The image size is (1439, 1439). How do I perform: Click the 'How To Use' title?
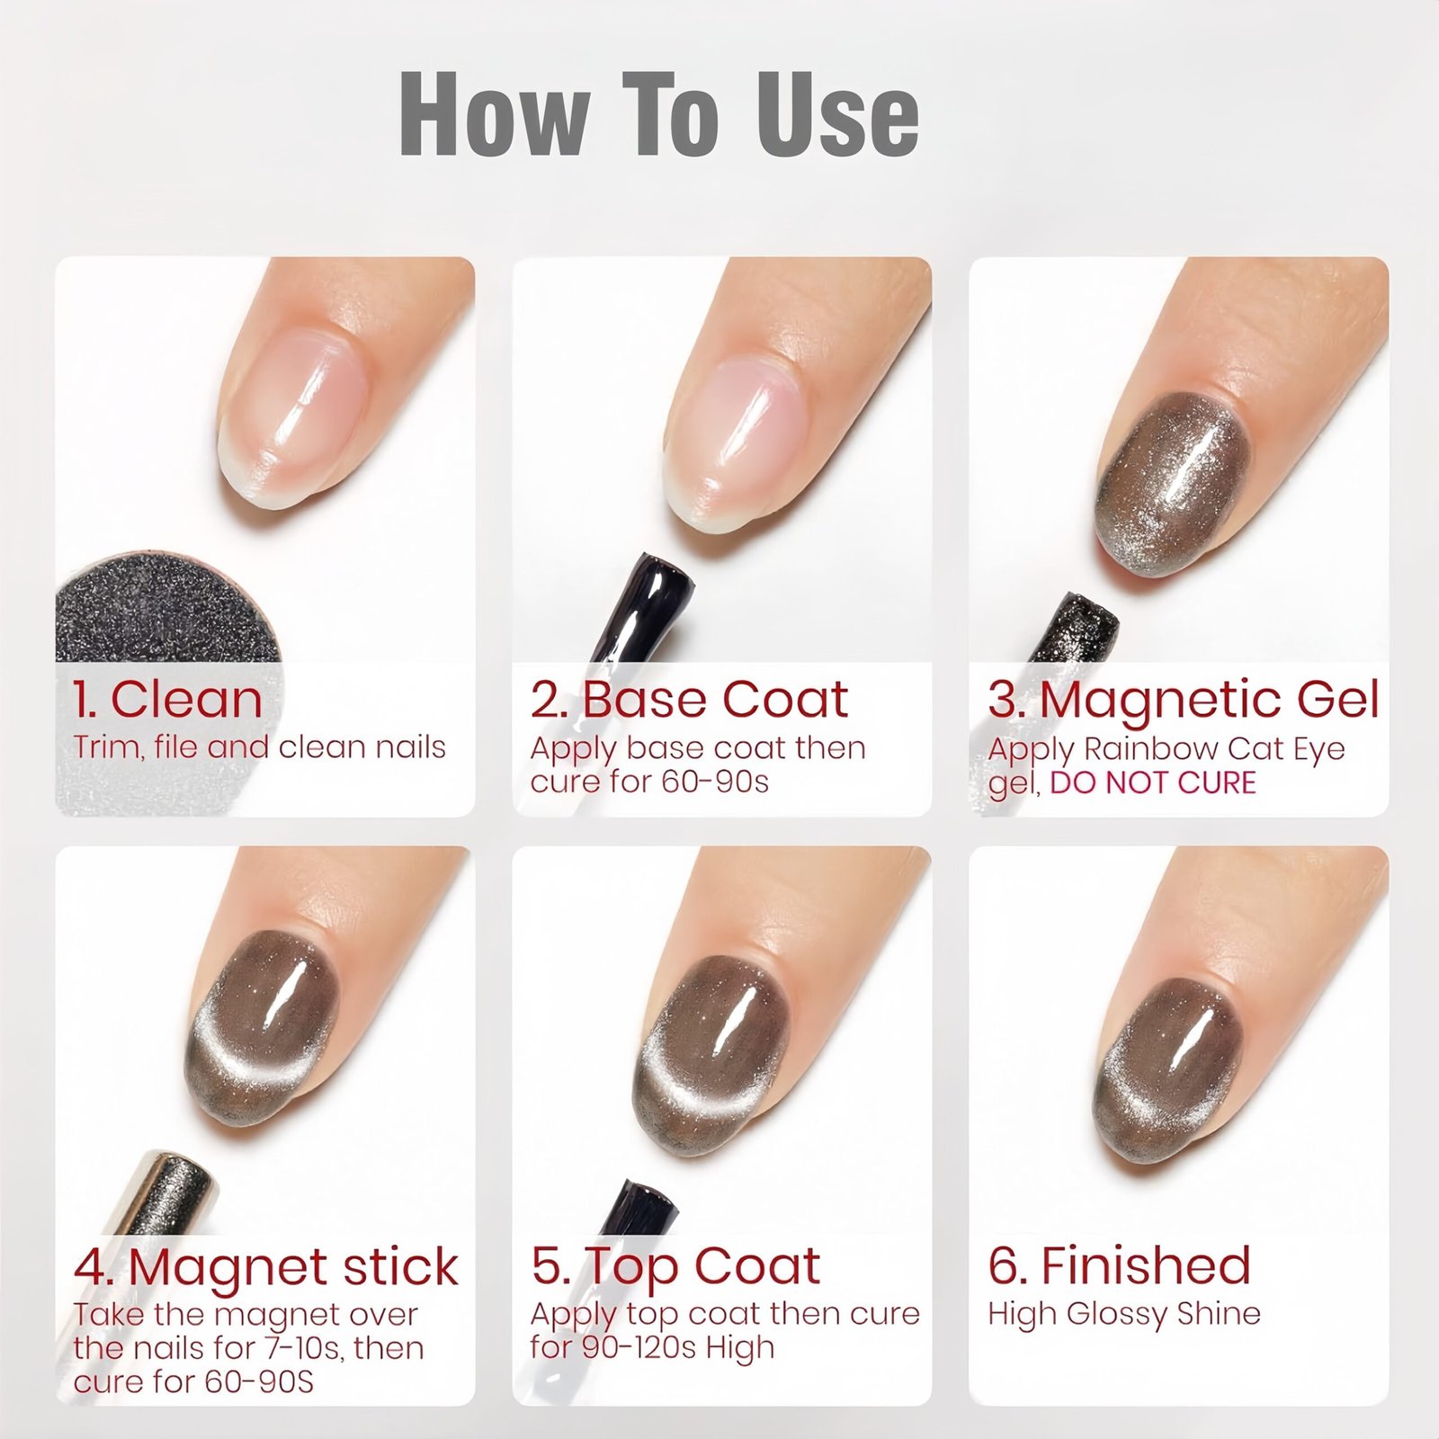[x=659, y=114]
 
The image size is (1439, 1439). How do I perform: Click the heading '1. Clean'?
[x=168, y=699]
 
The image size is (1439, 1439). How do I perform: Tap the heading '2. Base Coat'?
[x=689, y=699]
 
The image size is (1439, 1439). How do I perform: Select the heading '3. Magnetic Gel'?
[x=1184, y=701]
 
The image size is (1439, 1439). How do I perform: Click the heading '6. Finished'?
[x=1120, y=1265]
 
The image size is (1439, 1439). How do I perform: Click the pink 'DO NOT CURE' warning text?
[x=1153, y=782]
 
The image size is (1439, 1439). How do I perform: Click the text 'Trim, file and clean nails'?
[x=259, y=747]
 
